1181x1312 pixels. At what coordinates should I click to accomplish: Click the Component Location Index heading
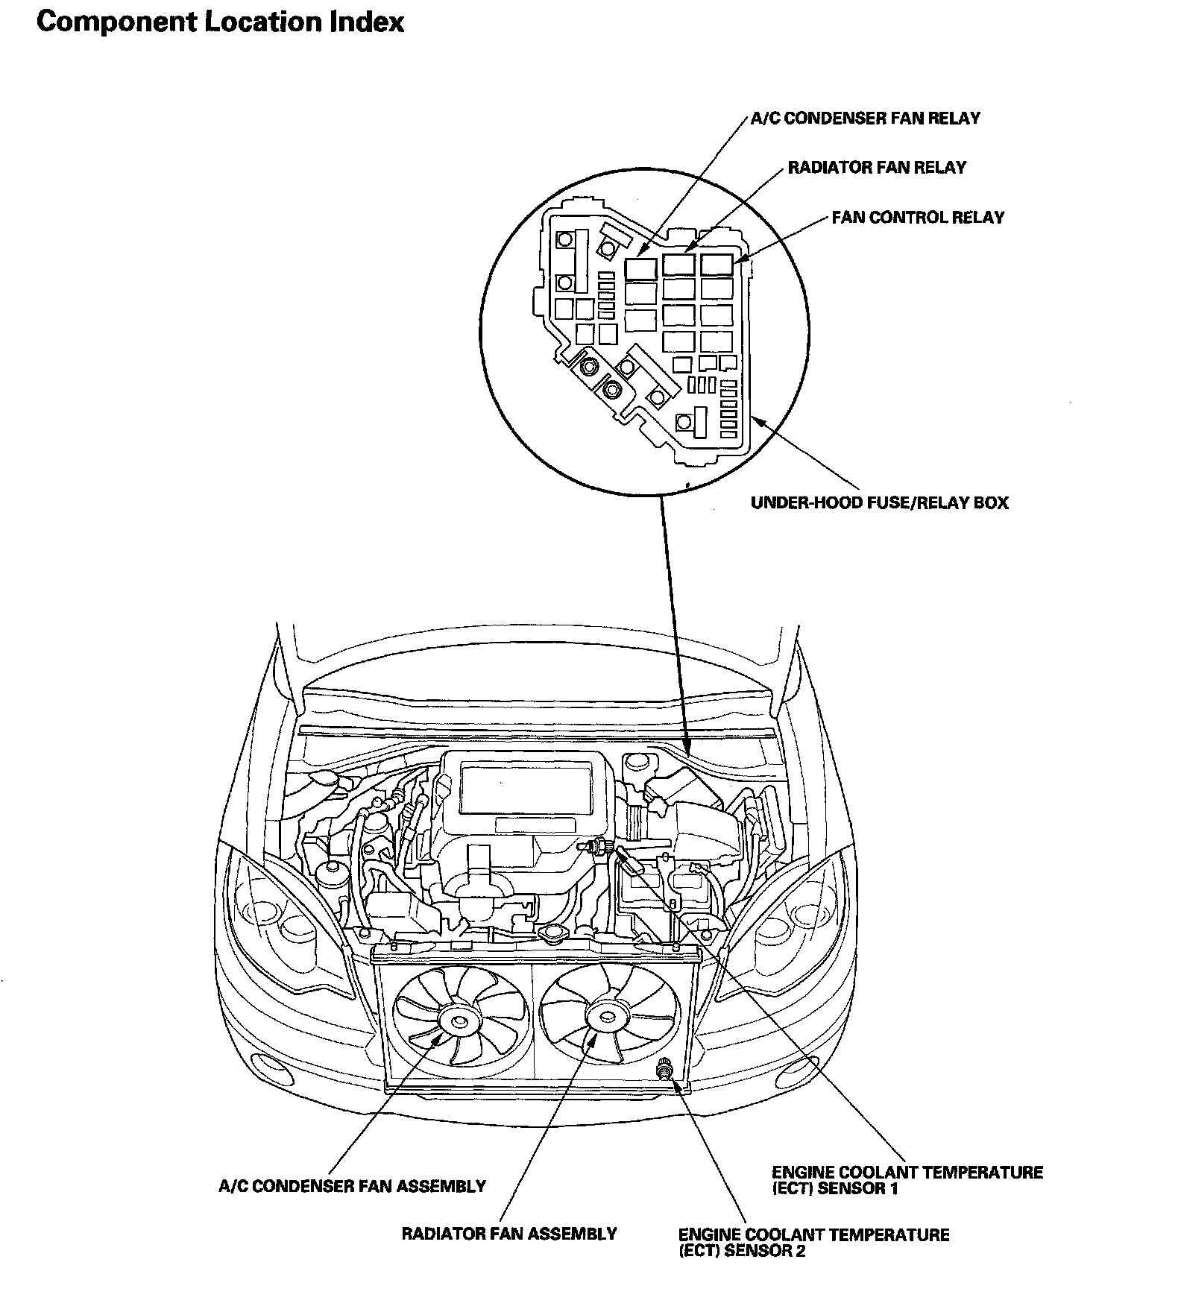click(220, 22)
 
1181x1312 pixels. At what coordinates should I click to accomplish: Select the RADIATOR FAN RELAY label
click(876, 168)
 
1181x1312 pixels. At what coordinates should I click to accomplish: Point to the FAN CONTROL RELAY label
click(918, 218)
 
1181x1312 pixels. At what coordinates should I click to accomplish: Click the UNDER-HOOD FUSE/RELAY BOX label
click(879, 502)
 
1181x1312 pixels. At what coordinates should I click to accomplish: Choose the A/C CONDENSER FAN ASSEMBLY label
click(352, 1186)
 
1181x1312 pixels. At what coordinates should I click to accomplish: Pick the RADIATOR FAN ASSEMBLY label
click(509, 1234)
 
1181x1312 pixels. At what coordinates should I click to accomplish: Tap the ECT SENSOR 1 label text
click(907, 1180)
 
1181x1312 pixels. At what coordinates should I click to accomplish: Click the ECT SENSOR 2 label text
click(813, 1243)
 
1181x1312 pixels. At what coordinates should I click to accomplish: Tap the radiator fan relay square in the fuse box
click(678, 264)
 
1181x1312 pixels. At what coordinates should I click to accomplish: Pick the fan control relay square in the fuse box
click(717, 264)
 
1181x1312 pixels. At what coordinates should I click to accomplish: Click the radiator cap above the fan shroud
click(552, 933)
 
